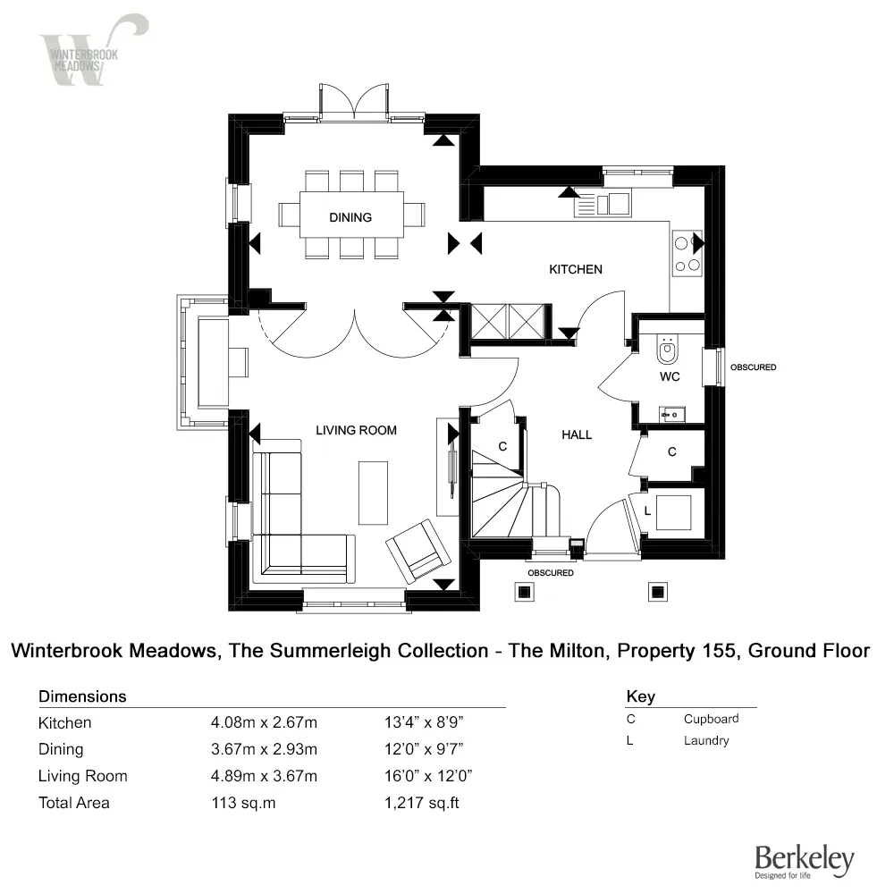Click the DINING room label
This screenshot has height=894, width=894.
(x=350, y=217)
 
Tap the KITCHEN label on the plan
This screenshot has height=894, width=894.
(x=575, y=269)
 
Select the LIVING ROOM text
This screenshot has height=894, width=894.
(x=356, y=430)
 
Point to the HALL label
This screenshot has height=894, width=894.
(x=577, y=434)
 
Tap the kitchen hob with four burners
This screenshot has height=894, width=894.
(x=687, y=253)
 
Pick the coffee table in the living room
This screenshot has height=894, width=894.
(x=373, y=492)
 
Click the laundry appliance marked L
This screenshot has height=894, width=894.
(x=672, y=512)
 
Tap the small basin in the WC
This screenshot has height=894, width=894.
(x=671, y=413)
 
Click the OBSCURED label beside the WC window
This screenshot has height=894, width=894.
(x=753, y=367)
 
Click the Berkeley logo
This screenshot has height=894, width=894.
(x=805, y=860)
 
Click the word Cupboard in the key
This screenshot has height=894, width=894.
(x=711, y=719)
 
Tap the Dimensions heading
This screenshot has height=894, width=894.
(x=82, y=696)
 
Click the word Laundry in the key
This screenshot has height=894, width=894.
(x=706, y=740)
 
